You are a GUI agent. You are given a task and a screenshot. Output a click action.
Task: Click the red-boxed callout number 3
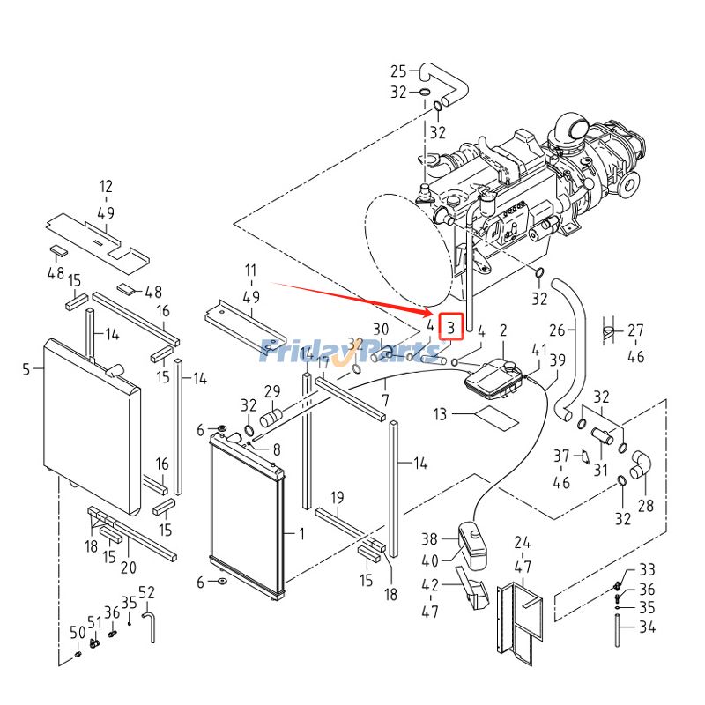pyautogui.click(x=450, y=329)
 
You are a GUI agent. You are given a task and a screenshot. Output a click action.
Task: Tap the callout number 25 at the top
pyautogui.click(x=398, y=71)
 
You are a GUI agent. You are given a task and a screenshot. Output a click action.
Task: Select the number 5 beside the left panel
pyautogui.click(x=26, y=369)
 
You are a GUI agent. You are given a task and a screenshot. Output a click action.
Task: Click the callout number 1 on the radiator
pyautogui.click(x=301, y=534)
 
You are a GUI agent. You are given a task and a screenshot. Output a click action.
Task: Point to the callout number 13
pyautogui.click(x=441, y=413)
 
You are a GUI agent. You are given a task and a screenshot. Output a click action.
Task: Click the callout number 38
pyautogui.click(x=429, y=538)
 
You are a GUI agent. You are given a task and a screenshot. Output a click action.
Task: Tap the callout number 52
pyautogui.click(x=146, y=591)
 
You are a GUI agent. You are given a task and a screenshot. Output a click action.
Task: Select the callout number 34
pyautogui.click(x=647, y=628)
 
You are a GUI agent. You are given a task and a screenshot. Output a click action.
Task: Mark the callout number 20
pyautogui.click(x=128, y=567)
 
